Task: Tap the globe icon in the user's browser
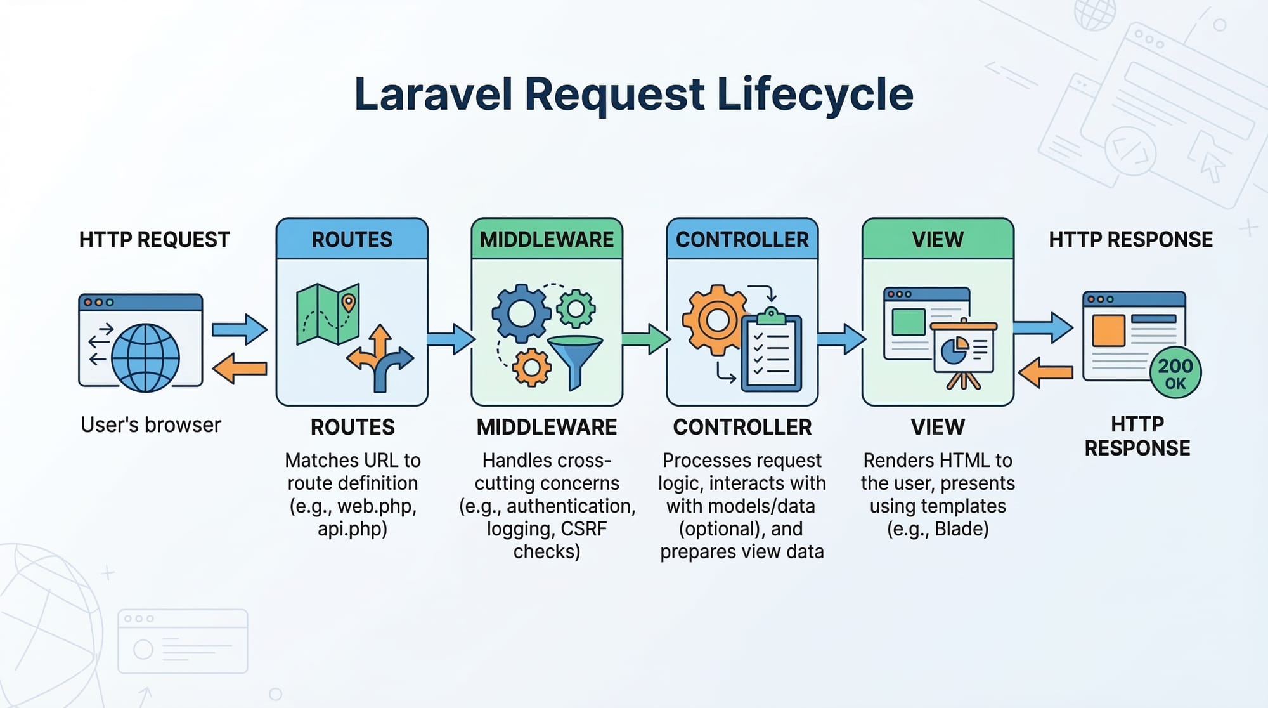point(145,358)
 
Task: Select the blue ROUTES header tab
point(352,239)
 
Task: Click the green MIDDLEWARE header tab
point(547,239)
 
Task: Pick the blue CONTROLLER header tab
point(742,239)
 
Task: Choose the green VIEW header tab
point(938,239)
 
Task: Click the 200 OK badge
point(1175,372)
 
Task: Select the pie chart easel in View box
point(964,352)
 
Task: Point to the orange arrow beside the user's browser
point(239,369)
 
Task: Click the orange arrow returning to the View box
point(1045,372)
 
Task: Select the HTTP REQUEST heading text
point(154,240)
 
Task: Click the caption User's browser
point(151,424)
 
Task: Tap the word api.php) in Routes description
point(353,529)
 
